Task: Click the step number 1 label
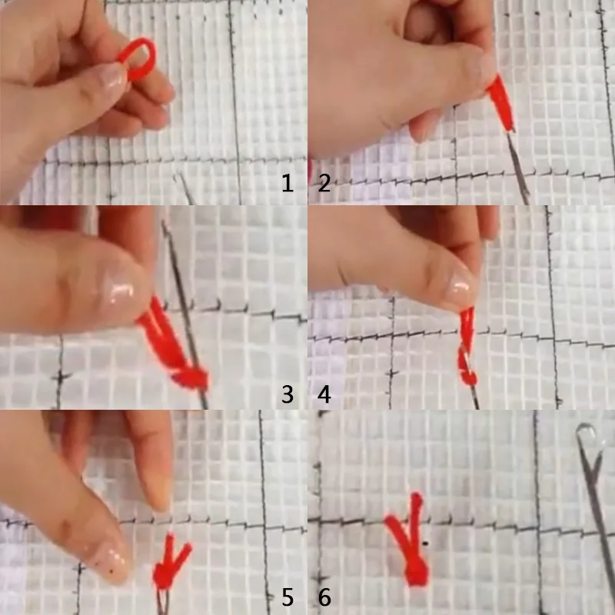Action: tap(288, 184)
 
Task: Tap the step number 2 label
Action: tap(324, 184)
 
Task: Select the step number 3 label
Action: tap(288, 395)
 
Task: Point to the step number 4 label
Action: tap(324, 395)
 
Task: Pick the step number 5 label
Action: tap(288, 597)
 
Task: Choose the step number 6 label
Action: tap(324, 597)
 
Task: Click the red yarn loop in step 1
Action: tap(138, 57)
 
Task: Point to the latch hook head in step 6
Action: tap(588, 442)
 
